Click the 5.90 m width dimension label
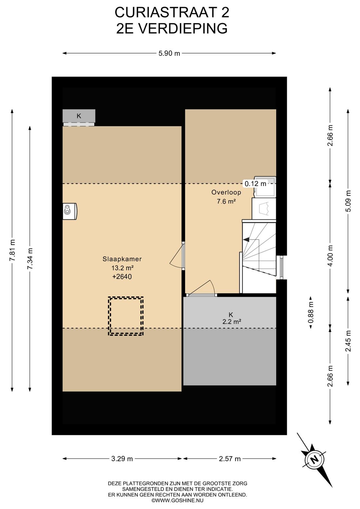(x=169, y=53)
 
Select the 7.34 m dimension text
(x=30, y=259)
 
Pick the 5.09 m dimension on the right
(x=348, y=201)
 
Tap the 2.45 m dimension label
(x=348, y=341)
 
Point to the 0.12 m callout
(x=255, y=183)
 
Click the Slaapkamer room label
(x=122, y=259)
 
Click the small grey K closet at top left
(x=79, y=116)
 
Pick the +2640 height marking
(x=122, y=277)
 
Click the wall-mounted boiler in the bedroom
(x=70, y=211)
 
